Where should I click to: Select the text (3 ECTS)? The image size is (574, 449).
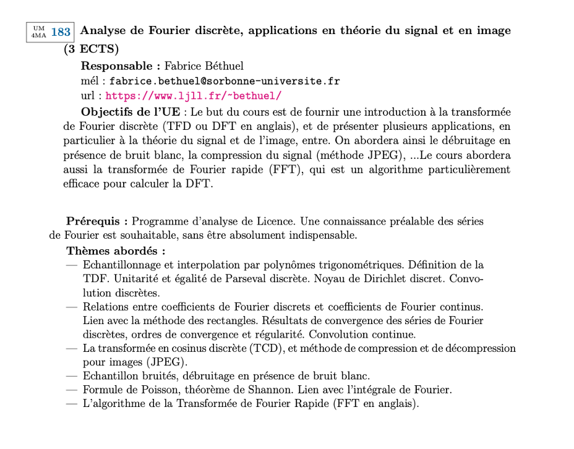pos(91,49)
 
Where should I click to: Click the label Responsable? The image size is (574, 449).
pos(116,66)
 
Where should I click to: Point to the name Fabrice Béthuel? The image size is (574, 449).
pos(204,66)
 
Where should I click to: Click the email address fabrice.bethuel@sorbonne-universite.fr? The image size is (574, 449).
pos(225,81)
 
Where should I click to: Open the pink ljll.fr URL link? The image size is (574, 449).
pos(194,96)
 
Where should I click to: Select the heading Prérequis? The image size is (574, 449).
pos(96,221)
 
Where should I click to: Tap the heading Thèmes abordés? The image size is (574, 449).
pos(115,250)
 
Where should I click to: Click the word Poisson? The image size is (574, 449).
pos(146,390)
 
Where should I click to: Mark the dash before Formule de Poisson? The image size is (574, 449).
pos(72,390)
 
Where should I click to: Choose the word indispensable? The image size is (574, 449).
pos(322,236)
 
